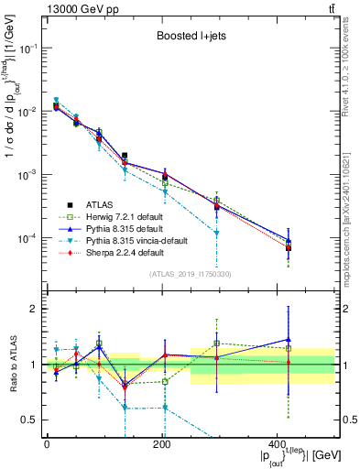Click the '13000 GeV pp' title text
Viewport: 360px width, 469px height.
[82, 8]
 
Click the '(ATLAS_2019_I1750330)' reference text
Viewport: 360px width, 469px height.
[191, 273]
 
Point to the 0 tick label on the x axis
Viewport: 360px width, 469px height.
[47, 444]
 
